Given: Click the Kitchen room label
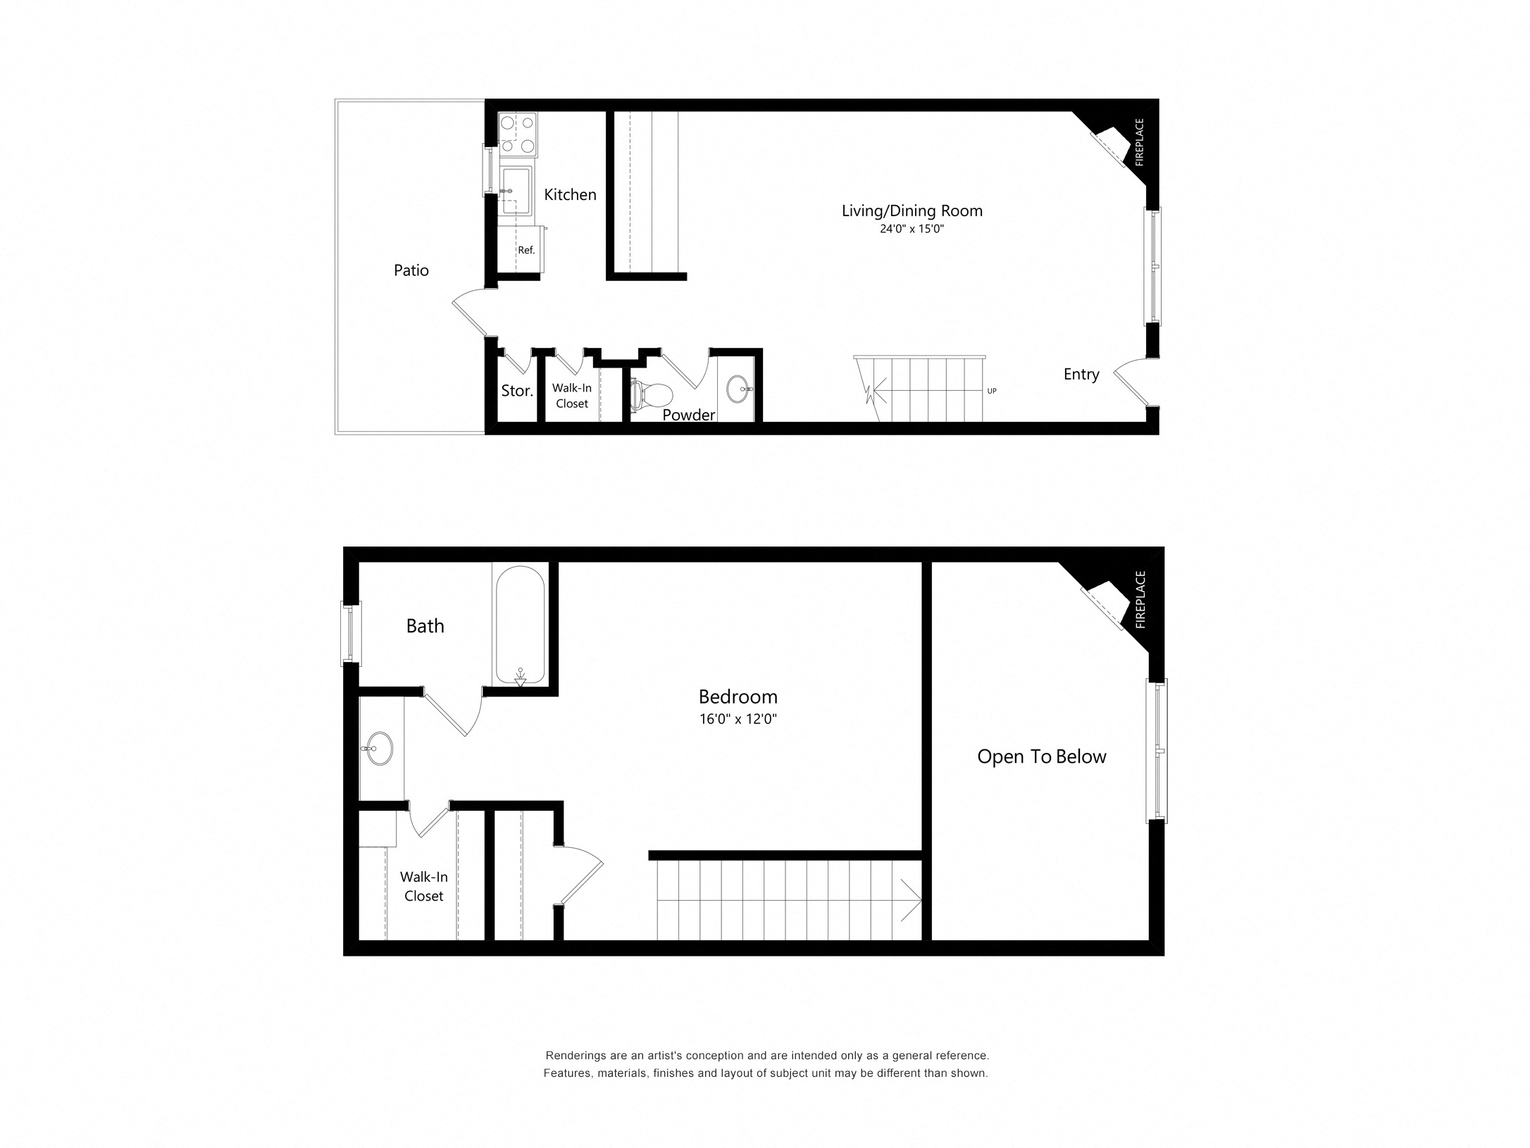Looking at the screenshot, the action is [x=570, y=194].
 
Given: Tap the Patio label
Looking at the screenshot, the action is [x=411, y=270].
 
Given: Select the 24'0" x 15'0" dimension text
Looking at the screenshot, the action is [x=912, y=229].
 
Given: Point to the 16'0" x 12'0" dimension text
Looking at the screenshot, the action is [x=738, y=719].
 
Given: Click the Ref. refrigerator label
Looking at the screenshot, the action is [x=526, y=250].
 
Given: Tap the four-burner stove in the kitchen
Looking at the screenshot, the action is [x=518, y=135].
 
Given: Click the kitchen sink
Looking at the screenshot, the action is [x=516, y=189].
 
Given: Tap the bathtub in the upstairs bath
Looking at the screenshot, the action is [x=521, y=625].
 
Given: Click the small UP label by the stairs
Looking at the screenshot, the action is [x=992, y=391].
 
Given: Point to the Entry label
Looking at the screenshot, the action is [x=1081, y=375].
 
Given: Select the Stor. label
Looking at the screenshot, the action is [x=517, y=391].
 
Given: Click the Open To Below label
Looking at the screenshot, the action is [x=1042, y=756].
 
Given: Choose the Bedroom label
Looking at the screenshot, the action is [x=738, y=697].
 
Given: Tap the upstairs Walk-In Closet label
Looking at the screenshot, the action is [x=424, y=886].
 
